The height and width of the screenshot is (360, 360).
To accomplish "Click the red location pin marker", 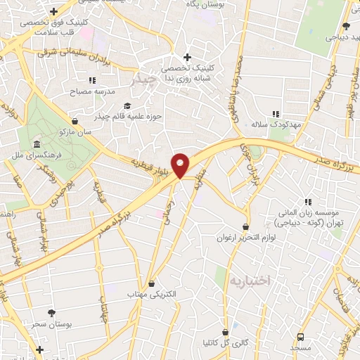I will click(181, 165).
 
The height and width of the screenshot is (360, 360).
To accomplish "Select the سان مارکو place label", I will click(58, 132).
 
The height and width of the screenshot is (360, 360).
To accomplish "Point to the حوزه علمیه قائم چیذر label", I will click(134, 116).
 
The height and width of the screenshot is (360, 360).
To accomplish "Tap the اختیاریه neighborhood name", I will click(250, 280).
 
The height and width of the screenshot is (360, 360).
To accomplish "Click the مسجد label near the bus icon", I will click(300, 348).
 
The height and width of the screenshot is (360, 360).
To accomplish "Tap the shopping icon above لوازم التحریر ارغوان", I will click(245, 226).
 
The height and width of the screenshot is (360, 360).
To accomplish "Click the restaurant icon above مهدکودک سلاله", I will click(276, 113).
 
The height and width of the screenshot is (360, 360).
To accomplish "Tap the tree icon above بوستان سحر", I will click(51, 312).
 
